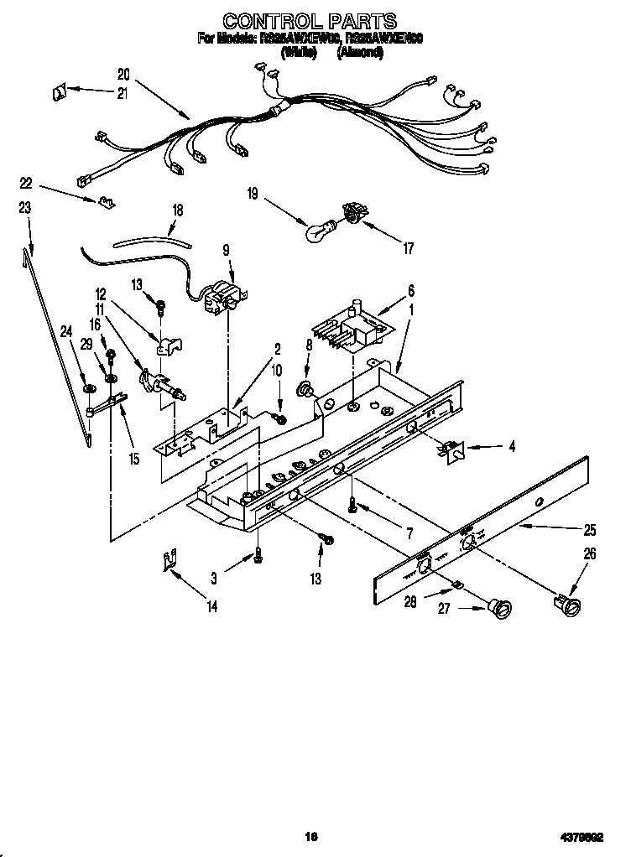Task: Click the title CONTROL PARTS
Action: click(x=310, y=20)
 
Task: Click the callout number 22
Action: click(x=26, y=183)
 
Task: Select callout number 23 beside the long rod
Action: click(x=25, y=206)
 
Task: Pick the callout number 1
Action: click(x=409, y=308)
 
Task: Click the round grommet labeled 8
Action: click(x=305, y=388)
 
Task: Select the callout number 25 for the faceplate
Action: click(x=590, y=530)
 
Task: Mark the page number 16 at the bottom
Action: click(x=311, y=835)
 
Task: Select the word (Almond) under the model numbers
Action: click(x=360, y=52)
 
